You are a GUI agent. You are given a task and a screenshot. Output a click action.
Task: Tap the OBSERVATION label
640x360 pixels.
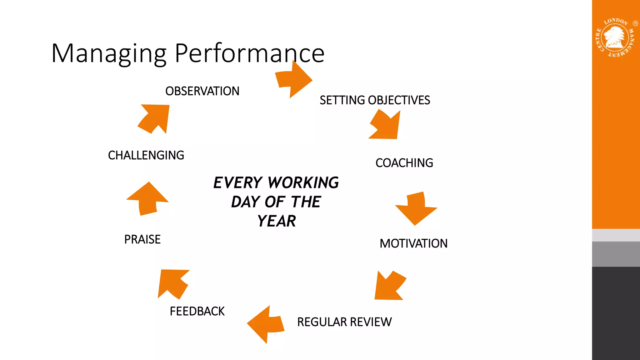click(202, 91)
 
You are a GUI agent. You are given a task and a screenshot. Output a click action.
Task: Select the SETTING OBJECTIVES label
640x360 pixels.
click(375, 100)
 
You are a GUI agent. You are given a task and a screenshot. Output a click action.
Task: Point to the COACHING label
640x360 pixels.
click(404, 163)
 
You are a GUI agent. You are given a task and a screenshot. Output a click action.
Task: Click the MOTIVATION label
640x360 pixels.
click(413, 243)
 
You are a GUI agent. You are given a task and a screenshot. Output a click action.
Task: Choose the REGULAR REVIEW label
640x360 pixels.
click(344, 322)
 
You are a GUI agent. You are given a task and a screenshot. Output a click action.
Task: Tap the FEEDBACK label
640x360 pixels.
click(197, 311)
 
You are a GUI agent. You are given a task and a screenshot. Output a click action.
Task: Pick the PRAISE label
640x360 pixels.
click(142, 239)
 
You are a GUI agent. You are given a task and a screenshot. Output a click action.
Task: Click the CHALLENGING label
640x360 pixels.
click(146, 155)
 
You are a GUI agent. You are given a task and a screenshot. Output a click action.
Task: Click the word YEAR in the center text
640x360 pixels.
click(276, 221)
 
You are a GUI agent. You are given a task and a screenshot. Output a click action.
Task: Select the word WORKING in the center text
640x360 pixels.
click(303, 183)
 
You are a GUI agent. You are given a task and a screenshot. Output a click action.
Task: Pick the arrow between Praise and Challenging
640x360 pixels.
click(147, 199)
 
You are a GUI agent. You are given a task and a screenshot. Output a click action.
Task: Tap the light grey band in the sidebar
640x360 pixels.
click(616, 235)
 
